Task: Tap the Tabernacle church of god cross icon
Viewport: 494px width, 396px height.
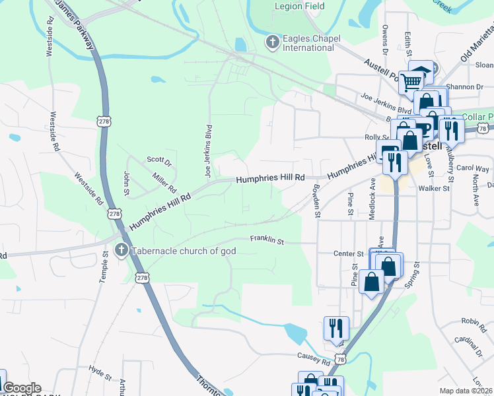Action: coord(120,250)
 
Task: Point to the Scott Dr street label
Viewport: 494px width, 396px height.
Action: coord(159,160)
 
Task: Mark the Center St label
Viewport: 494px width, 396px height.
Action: coord(349,253)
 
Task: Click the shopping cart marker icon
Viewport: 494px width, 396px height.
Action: coord(411,82)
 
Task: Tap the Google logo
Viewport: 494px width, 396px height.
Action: coord(22,388)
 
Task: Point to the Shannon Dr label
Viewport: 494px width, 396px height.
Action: coord(465,86)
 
